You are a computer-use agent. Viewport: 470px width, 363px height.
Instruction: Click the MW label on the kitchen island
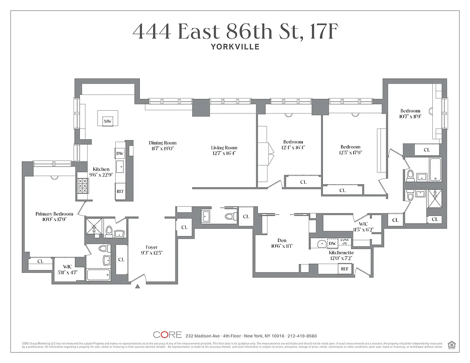click(108, 121)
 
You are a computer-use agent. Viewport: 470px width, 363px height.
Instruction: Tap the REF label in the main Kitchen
click(120, 191)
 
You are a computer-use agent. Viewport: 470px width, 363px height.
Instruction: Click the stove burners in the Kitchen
click(83, 186)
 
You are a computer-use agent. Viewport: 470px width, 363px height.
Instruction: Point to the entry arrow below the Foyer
click(138, 286)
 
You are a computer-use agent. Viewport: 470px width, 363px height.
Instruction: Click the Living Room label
click(224, 147)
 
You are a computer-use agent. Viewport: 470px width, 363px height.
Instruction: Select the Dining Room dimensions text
click(162, 148)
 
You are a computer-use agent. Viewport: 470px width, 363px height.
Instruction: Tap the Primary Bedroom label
click(54, 214)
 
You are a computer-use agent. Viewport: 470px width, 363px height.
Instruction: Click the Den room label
click(282, 240)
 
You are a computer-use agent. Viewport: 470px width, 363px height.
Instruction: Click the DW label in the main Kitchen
click(120, 153)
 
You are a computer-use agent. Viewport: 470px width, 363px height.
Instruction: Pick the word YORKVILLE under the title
click(235, 46)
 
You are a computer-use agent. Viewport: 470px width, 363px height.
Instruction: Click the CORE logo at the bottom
click(167, 335)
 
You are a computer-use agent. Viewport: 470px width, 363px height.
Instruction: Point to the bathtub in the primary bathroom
click(98, 275)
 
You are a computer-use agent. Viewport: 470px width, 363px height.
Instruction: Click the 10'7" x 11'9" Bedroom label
click(410, 113)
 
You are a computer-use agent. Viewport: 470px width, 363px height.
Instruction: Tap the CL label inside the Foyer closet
click(121, 260)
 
